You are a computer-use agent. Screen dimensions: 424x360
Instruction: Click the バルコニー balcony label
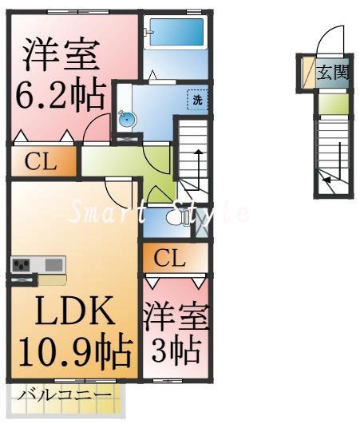pyautogui.click(x=54, y=396)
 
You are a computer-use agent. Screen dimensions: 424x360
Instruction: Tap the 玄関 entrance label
pyautogui.click(x=333, y=73)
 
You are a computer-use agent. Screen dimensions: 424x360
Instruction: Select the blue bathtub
pyautogui.click(x=174, y=36)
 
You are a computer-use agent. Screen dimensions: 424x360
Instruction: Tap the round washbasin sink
pyautogui.click(x=127, y=120)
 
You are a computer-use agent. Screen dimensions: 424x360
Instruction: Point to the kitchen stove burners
pyautogui.click(x=22, y=264)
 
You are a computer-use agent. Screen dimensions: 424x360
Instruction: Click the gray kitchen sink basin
pyautogui.click(x=53, y=264)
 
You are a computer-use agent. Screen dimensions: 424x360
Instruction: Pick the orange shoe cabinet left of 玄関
pyautogui.click(x=307, y=73)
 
